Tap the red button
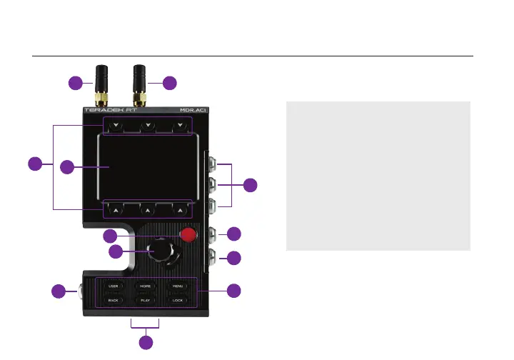[x=188, y=235]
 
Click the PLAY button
[x=145, y=301]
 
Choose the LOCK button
[x=178, y=301]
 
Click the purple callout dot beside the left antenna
[x=76, y=83]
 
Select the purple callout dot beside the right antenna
[x=169, y=83]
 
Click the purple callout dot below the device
[x=146, y=344]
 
